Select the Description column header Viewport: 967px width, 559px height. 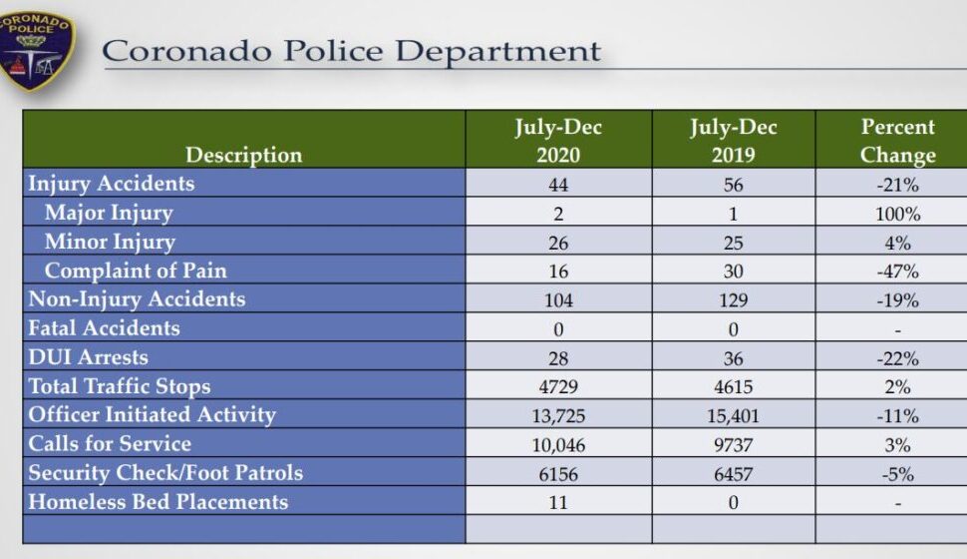click(243, 155)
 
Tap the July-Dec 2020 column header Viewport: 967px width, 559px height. click(558, 141)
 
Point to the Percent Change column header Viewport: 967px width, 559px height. click(898, 141)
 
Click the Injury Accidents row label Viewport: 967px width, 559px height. click(111, 184)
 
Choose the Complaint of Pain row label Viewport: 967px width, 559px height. click(136, 271)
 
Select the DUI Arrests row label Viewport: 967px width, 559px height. click(88, 357)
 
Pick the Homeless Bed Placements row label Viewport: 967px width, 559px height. click(158, 502)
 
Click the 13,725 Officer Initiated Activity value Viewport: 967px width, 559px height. click(558, 416)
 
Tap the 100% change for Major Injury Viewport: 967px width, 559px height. click(898, 214)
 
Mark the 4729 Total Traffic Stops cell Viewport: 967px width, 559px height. click(558, 387)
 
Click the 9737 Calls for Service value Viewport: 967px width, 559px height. click(733, 445)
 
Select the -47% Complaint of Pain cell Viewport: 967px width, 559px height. click(898, 272)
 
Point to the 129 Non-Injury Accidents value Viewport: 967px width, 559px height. click(733, 300)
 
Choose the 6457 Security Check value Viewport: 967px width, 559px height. click(733, 474)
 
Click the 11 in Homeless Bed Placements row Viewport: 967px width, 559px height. click(558, 503)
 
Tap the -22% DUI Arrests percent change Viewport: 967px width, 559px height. click(898, 358)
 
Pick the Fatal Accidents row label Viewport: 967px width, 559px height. click(104, 328)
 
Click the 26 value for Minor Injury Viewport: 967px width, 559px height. click(558, 243)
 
